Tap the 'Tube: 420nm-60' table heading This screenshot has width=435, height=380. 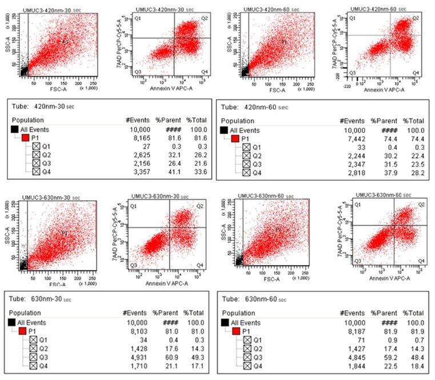tap(252, 106)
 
